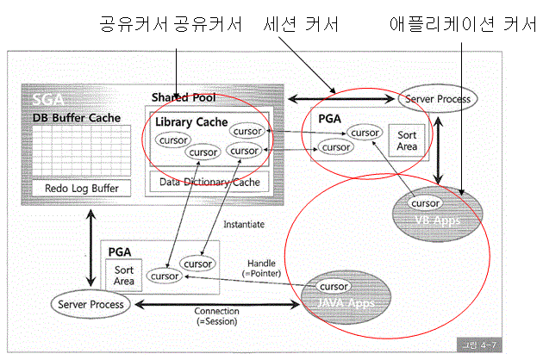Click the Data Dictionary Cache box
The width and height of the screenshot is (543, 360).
tap(209, 182)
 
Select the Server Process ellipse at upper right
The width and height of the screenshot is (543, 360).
tap(437, 99)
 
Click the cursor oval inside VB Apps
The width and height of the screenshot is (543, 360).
tap(427, 203)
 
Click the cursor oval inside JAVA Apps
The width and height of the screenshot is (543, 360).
tap(334, 286)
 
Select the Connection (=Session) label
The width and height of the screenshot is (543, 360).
tap(215, 316)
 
